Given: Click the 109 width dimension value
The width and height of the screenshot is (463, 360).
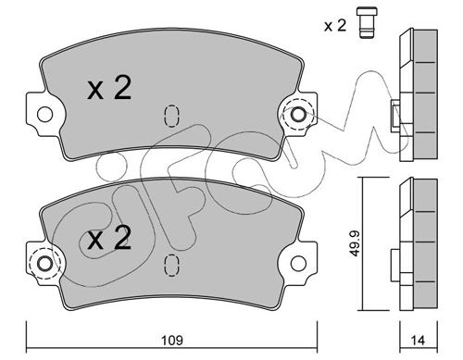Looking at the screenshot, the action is pyautogui.click(x=172, y=341).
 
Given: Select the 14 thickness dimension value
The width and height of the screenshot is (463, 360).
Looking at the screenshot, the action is pyautogui.click(x=418, y=341).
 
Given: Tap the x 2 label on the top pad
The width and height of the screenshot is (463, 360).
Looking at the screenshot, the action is pyautogui.click(x=109, y=88).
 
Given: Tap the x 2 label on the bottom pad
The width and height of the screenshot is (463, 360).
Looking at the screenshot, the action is pyautogui.click(x=109, y=237).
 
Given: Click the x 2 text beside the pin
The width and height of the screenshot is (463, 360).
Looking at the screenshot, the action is pyautogui.click(x=335, y=26).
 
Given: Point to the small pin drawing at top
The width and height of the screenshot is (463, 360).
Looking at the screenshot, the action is pyautogui.click(x=367, y=23).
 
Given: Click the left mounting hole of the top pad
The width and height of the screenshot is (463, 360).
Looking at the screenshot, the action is pyautogui.click(x=44, y=115).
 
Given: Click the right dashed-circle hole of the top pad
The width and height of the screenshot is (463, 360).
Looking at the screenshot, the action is pyautogui.click(x=298, y=115).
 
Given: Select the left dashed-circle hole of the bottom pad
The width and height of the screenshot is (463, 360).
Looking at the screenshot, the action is pyautogui.click(x=44, y=264).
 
